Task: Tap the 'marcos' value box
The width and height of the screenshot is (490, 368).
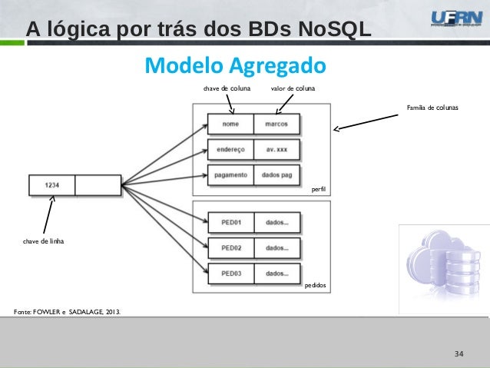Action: pyautogui.click(x=276, y=124)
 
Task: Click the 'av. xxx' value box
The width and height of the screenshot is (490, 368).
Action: pyautogui.click(x=276, y=149)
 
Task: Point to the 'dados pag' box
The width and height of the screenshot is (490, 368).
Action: pyautogui.click(x=276, y=174)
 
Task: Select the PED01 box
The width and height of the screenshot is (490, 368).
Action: pyautogui.click(x=231, y=223)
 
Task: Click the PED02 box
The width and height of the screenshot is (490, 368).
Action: pyautogui.click(x=231, y=248)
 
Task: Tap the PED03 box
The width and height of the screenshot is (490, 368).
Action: pyautogui.click(x=231, y=274)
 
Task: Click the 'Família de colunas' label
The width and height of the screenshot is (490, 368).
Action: pyautogui.click(x=432, y=108)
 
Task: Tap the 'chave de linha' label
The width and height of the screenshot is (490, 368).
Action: pyautogui.click(x=43, y=241)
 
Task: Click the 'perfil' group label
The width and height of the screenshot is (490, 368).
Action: pyautogui.click(x=319, y=187)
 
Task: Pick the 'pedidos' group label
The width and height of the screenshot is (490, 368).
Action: pyautogui.click(x=315, y=285)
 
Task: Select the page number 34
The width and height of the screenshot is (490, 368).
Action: pyautogui.click(x=459, y=353)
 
